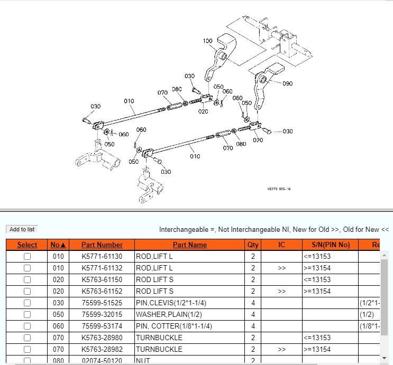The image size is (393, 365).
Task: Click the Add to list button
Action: coord(22,229)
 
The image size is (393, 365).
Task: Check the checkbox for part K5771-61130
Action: coord(27,256)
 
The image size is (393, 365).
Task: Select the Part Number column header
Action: coord(102,245)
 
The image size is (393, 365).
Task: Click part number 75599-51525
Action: coord(102,303)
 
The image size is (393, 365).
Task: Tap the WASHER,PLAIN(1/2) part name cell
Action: coord(169,314)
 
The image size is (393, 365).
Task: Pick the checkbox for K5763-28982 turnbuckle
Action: coord(27,349)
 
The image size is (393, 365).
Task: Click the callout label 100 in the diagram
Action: coord(207,41)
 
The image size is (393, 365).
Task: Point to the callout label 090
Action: coord(287,83)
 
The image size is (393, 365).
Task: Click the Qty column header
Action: coord(253,245)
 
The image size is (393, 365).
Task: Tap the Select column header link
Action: coord(27,245)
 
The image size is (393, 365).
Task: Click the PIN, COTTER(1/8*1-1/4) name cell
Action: coord(174,326)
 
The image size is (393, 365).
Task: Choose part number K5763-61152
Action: coord(102,291)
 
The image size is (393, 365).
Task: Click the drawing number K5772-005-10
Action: coord(279,189)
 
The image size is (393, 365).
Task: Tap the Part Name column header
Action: coord(190,245)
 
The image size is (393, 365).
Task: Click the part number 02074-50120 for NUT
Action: coord(102,360)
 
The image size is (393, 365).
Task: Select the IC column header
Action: coord(281,245)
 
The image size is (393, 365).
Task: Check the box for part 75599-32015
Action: coord(27,314)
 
